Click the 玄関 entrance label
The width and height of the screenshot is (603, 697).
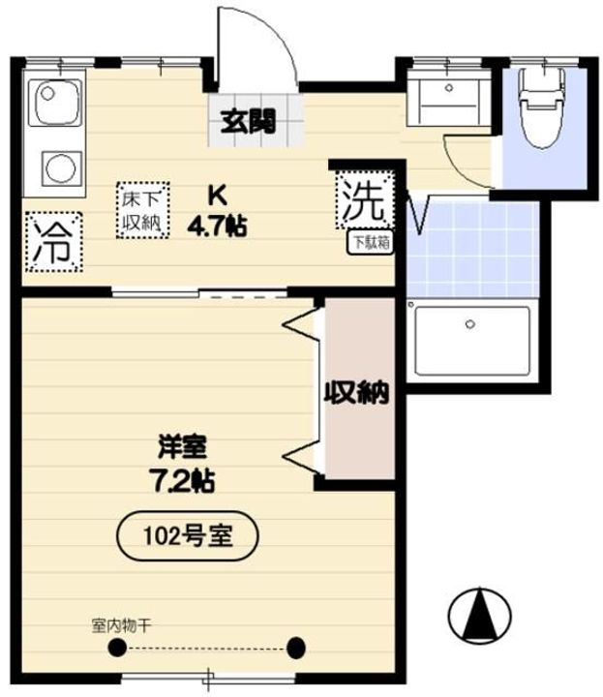(x=249, y=122)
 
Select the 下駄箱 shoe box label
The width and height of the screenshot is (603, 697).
(x=371, y=244)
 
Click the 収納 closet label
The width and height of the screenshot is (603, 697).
(x=356, y=393)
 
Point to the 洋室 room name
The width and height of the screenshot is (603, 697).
(x=183, y=448)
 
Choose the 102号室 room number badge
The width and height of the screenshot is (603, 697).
(x=188, y=534)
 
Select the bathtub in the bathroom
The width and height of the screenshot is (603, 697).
(x=471, y=341)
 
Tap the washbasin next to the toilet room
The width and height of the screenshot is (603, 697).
(x=448, y=95)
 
